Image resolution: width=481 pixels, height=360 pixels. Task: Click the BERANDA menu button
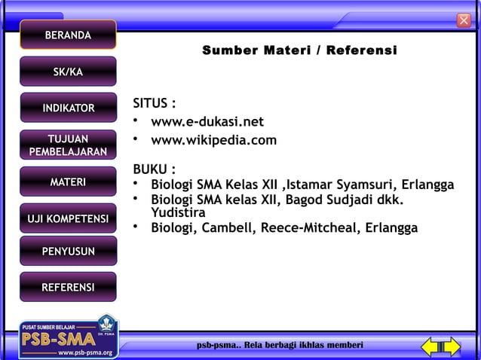68,35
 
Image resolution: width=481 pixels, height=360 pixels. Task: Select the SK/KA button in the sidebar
68,72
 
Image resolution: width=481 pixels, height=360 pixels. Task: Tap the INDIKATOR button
68,108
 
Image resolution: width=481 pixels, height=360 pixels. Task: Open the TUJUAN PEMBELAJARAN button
68,145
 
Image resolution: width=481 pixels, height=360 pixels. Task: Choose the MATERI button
68,182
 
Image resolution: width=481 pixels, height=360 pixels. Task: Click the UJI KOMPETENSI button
68,218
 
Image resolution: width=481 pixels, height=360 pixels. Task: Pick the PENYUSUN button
68,251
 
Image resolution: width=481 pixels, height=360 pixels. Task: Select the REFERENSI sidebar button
68,287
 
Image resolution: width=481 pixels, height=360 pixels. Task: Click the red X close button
464,20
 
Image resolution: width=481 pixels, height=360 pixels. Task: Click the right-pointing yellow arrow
450,346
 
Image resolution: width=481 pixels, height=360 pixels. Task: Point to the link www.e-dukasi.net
207,122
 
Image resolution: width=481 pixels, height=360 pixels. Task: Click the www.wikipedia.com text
213,140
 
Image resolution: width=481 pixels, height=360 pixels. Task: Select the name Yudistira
179,213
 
